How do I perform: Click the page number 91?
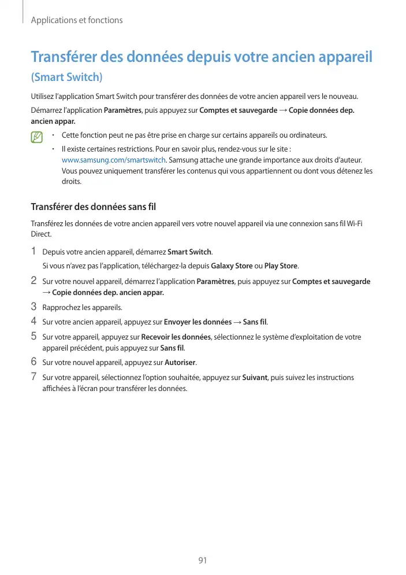click(x=202, y=560)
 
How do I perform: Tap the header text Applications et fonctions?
click(x=77, y=20)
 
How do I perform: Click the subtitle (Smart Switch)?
click(x=66, y=77)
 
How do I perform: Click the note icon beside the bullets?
click(x=38, y=138)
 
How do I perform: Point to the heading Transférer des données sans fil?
click(x=93, y=207)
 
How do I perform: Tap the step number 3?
click(x=33, y=307)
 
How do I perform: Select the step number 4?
click(x=33, y=321)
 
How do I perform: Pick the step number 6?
click(x=33, y=363)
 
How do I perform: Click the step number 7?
click(x=33, y=377)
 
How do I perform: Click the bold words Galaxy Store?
click(x=232, y=266)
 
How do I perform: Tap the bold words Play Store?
click(x=281, y=266)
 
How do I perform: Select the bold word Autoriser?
click(x=180, y=363)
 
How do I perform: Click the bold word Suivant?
click(x=254, y=378)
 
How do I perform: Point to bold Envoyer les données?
click(x=198, y=322)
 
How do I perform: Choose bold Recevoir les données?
click(x=176, y=337)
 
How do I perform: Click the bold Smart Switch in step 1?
click(x=189, y=252)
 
